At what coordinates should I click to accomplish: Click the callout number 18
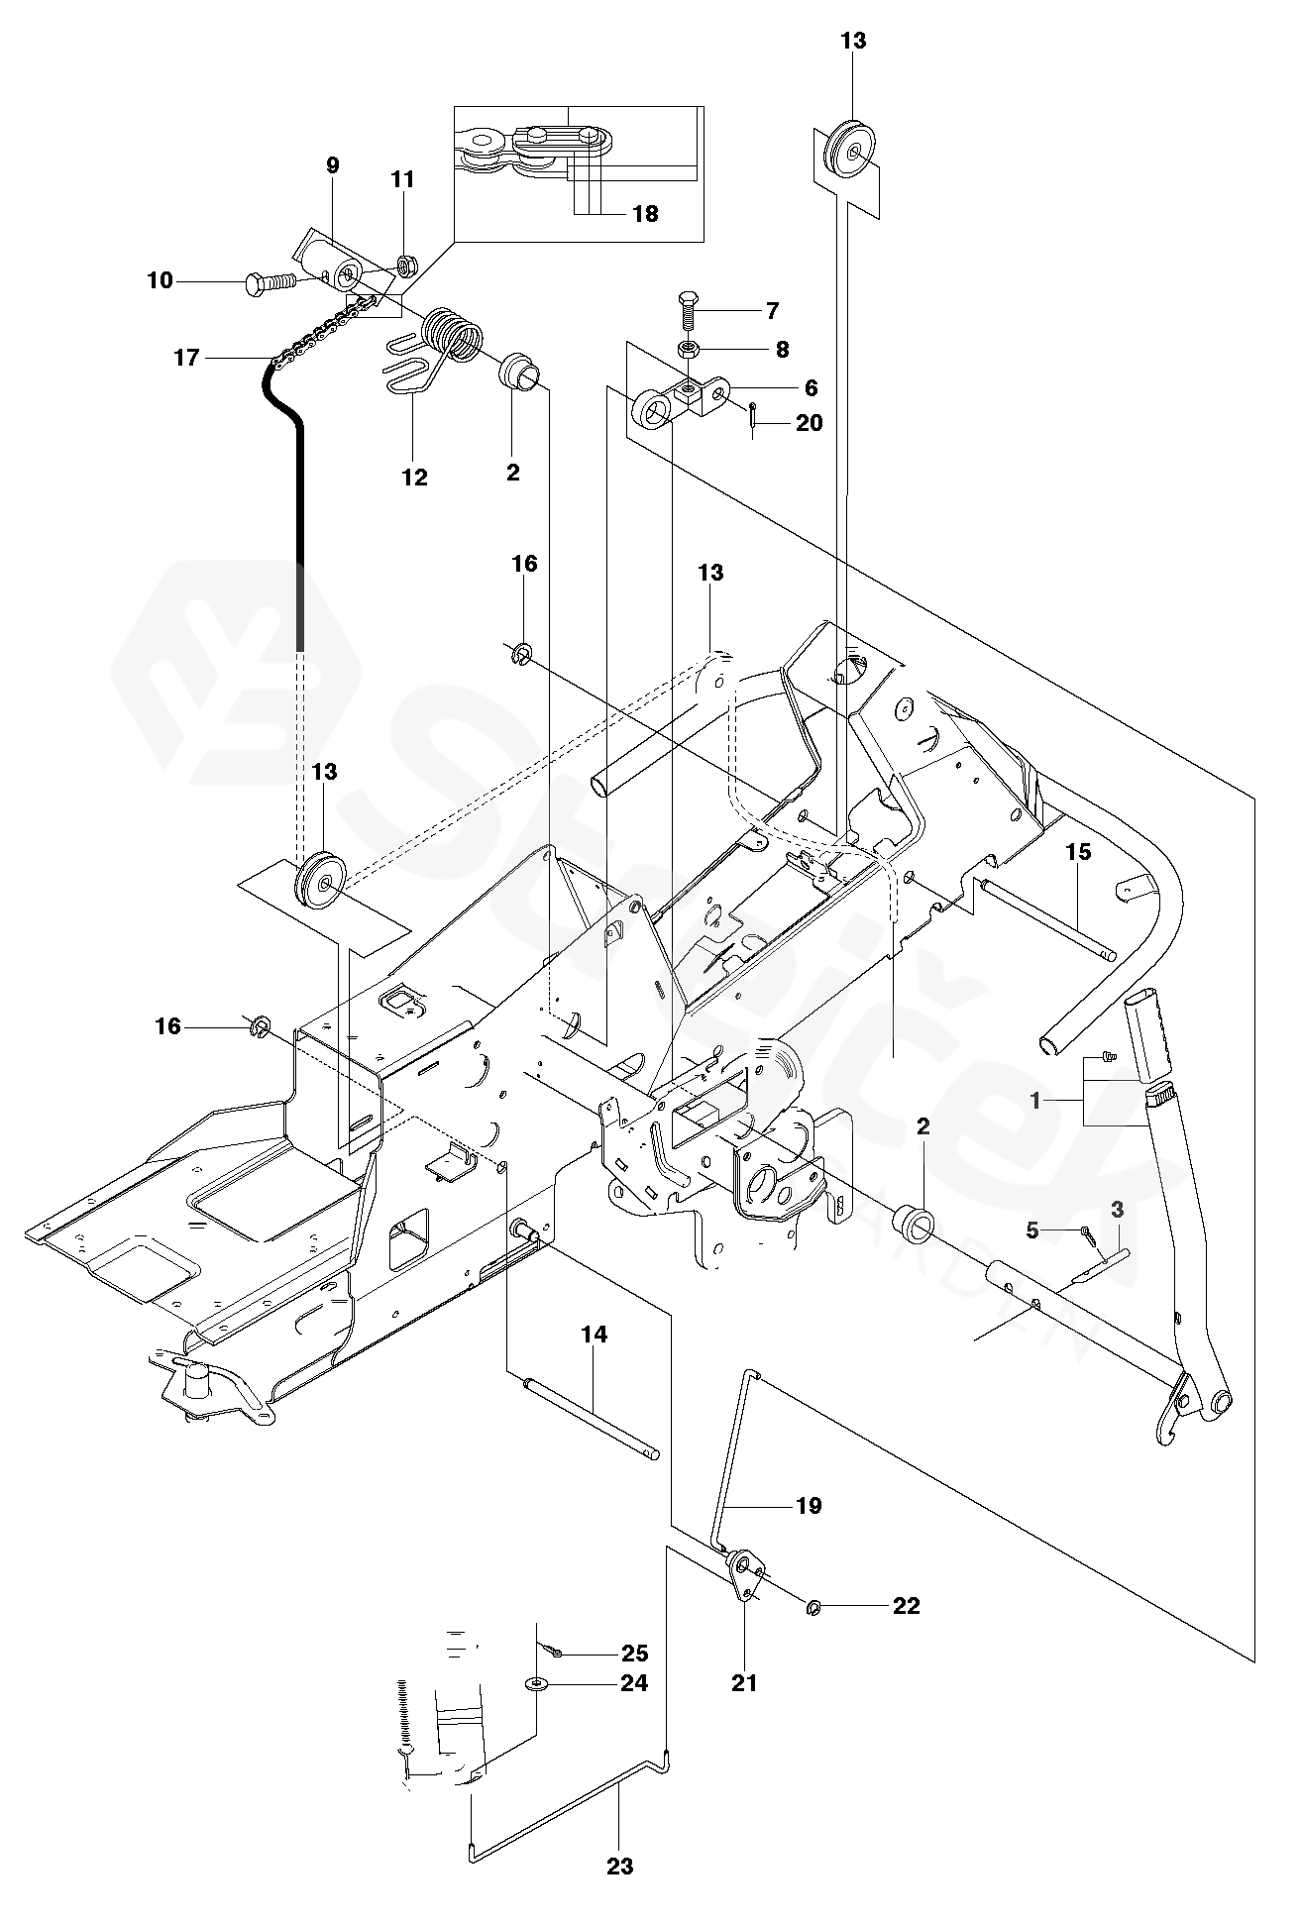pyautogui.click(x=644, y=213)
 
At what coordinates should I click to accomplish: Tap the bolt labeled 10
pyautogui.click(x=270, y=282)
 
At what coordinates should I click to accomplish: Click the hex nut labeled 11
pyautogui.click(x=404, y=264)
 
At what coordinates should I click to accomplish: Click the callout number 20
pyautogui.click(x=809, y=423)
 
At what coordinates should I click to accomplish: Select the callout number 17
pyautogui.click(x=186, y=358)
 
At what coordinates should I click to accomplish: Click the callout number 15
pyautogui.click(x=1078, y=851)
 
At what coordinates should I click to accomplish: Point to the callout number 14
pyautogui.click(x=594, y=1335)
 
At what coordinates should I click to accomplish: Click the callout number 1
pyautogui.click(x=1034, y=1101)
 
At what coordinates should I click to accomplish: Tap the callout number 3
pyautogui.click(x=1118, y=1209)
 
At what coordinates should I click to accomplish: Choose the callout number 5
pyautogui.click(x=1032, y=1230)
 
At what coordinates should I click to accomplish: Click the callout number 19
pyautogui.click(x=809, y=1506)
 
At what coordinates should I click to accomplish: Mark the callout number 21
pyautogui.click(x=744, y=1682)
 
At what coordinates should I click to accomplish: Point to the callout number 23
pyautogui.click(x=619, y=1867)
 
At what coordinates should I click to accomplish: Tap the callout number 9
pyautogui.click(x=332, y=165)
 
